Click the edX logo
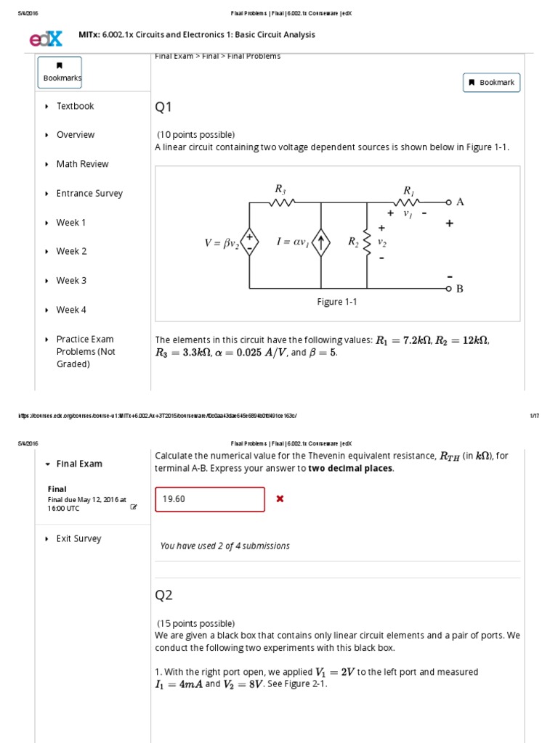46,38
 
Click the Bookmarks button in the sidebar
60,72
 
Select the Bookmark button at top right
492,83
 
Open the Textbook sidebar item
75,106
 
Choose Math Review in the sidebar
82,164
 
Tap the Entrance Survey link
89,194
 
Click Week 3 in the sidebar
71,281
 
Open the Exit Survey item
78,539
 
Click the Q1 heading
163,107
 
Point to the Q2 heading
163,595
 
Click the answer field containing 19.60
210,499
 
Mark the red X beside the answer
280,499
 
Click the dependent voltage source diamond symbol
249,242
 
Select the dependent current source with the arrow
321,242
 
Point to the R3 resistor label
280,189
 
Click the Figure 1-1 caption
336,302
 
